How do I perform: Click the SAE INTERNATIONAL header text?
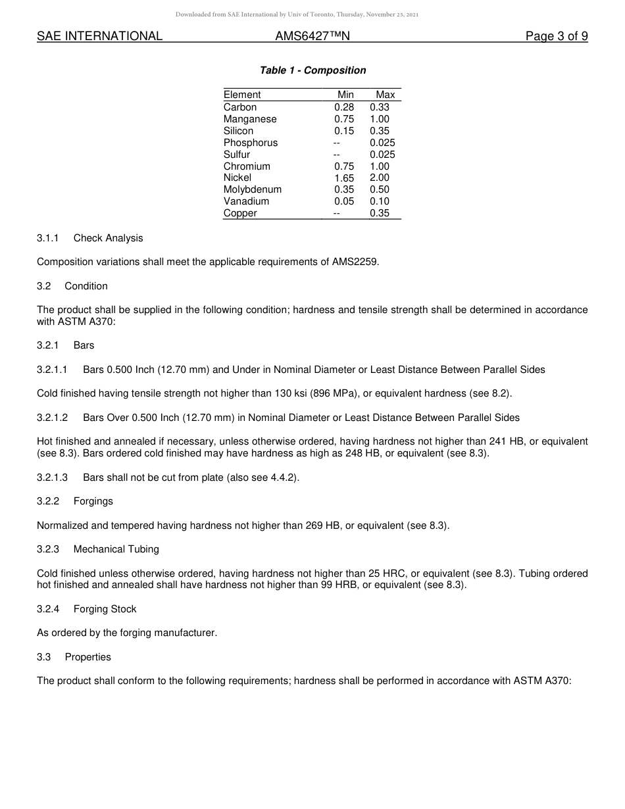click(99, 36)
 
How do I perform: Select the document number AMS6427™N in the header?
click(312, 36)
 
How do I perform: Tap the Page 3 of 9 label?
click(556, 36)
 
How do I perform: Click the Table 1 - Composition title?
click(312, 70)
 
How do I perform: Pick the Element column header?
click(242, 95)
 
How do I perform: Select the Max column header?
click(385, 95)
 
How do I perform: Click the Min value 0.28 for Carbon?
click(343, 107)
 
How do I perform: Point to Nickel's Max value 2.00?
click(380, 178)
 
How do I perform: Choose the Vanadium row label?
click(246, 201)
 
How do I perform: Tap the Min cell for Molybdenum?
click(343, 189)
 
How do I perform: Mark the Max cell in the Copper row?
click(380, 213)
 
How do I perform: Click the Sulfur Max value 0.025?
click(382, 155)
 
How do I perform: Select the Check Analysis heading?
click(108, 238)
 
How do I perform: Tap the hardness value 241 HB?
click(509, 441)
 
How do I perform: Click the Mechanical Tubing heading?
click(116, 549)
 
